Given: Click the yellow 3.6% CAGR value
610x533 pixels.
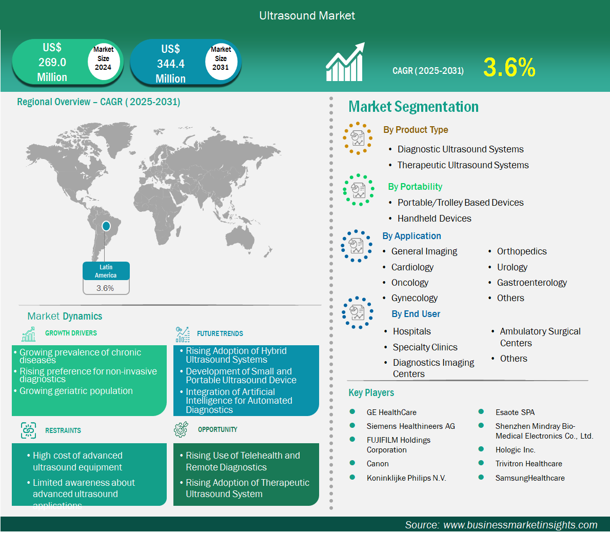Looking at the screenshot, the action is [509, 67].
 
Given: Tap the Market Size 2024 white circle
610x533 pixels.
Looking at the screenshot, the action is [103, 59].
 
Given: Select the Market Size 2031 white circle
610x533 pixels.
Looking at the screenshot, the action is [221, 59].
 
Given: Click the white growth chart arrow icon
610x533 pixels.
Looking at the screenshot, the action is [345, 62].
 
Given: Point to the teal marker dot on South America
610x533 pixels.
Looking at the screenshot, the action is [106, 226].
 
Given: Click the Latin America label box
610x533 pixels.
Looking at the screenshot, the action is [106, 271].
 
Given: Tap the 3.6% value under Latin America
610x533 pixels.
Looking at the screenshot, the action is [105, 288].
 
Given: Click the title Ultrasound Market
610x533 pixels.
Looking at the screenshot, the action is [307, 15].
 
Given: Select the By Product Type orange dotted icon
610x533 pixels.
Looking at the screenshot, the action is [358, 138].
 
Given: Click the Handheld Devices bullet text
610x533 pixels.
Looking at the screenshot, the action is [434, 219].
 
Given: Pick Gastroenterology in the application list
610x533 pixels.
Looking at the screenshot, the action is [532, 283].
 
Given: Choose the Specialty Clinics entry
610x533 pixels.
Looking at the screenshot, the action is [425, 347].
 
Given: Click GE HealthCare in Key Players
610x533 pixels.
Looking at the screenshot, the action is [391, 412].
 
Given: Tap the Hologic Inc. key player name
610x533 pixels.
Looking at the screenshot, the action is [515, 450].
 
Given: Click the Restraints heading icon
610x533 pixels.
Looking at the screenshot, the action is [28, 430].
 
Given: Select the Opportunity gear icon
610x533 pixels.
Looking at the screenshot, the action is [181, 429].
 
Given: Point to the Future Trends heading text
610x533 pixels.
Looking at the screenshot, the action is [220, 333].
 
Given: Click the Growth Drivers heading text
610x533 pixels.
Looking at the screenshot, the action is [71, 333].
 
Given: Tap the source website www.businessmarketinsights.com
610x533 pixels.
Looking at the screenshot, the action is [520, 525].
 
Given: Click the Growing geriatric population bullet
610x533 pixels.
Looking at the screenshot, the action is [76, 391].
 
